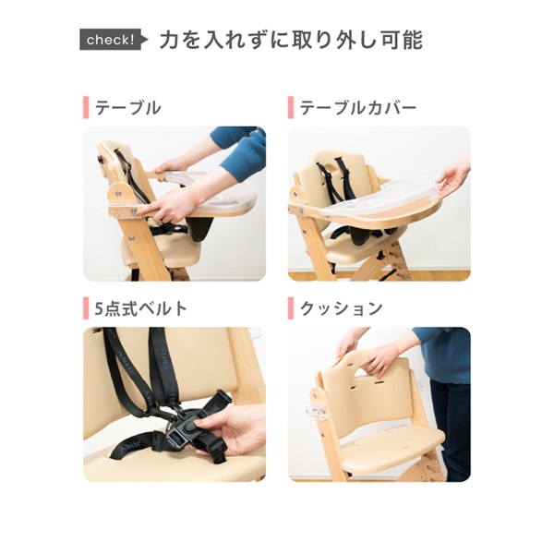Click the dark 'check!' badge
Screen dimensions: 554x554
point(111,41)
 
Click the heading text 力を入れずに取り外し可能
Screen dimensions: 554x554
point(290,40)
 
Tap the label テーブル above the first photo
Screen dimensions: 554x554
point(127,107)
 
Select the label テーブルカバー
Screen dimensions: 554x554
point(357,107)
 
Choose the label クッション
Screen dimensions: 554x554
point(340,308)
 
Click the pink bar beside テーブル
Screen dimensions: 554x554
point(86,107)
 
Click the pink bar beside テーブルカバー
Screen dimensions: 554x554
point(291,107)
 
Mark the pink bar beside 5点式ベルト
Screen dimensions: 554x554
point(86,308)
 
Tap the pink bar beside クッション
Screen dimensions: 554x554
point(291,308)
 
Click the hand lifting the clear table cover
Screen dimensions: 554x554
point(452,175)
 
